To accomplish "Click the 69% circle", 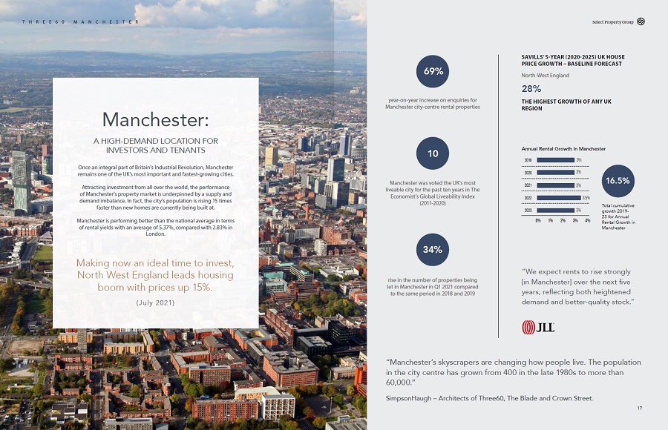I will (433, 71).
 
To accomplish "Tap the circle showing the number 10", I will (433, 153).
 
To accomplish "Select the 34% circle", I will (433, 250).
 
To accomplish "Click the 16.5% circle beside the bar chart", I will (618, 180).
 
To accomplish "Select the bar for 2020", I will (555, 172).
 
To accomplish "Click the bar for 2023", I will (555, 211).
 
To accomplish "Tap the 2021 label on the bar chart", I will (528, 185).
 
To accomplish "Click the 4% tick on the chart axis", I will (587, 221).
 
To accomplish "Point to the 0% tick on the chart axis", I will (537, 221).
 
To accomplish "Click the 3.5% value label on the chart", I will (586, 198).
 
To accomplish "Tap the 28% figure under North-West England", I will (531, 88).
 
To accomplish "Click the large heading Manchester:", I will (155, 119).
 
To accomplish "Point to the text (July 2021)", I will (155, 302).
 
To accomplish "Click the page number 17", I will (639, 408).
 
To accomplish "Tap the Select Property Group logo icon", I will (641, 21).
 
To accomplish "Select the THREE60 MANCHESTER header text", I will (81, 21).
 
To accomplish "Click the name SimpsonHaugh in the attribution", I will (407, 398).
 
